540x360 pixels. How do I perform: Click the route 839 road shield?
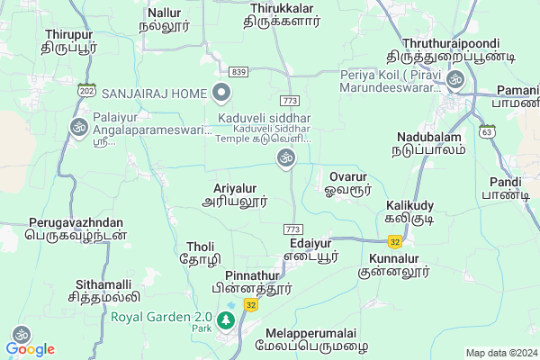tap(238, 71)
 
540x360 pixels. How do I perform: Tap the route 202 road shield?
tap(86, 91)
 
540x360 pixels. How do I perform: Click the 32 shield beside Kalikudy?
tap(394, 241)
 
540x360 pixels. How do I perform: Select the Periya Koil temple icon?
tap(454, 80)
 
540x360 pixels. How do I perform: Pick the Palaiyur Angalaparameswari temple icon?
tap(78, 127)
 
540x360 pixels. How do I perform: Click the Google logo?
tap(31, 348)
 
